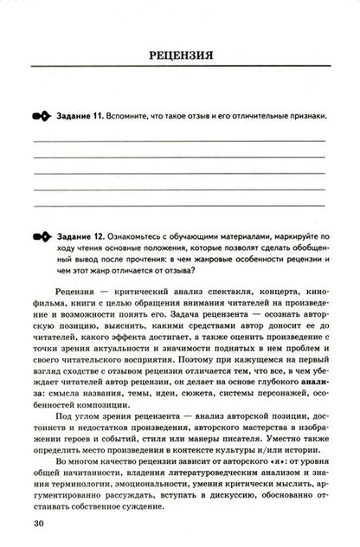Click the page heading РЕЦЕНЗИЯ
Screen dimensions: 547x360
181,56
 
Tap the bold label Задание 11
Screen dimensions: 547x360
80,115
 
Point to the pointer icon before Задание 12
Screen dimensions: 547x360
42,235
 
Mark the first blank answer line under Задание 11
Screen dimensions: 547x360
179,139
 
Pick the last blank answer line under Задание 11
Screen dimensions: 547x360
179,205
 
